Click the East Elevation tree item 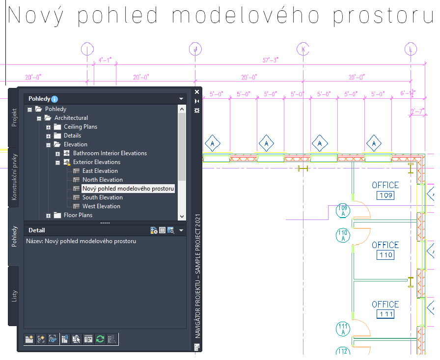point(100,171)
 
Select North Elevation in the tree point(102,180)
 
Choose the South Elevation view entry point(103,197)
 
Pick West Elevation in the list point(101,206)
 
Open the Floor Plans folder point(78,215)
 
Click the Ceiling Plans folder point(80,127)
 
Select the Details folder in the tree point(72,136)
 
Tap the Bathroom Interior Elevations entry point(110,153)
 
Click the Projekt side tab point(14,118)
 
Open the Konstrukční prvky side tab point(14,176)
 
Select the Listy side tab point(14,296)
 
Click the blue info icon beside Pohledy point(55,99)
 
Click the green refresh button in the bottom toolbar point(100,339)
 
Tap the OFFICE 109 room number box point(385,196)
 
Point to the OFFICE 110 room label point(385,245)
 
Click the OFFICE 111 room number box point(385,314)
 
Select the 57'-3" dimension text point(271,60)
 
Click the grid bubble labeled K point(303,49)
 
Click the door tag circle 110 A point(342,235)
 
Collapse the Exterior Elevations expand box point(58,162)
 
